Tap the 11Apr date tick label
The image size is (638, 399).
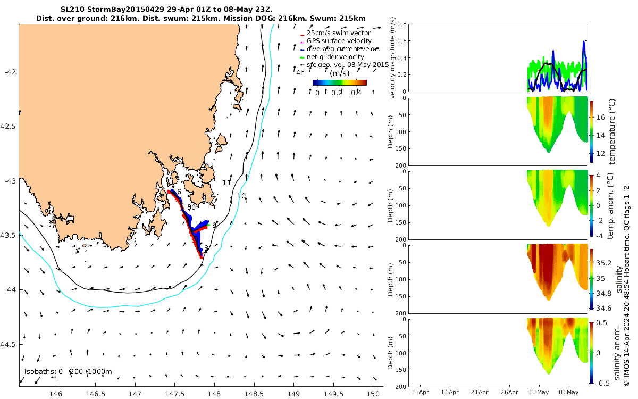coord(420,393)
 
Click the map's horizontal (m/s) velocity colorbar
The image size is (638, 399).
coord(339,82)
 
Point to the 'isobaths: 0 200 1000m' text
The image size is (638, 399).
coord(68,372)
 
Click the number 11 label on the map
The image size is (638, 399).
coord(226,183)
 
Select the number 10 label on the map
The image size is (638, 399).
coord(241,196)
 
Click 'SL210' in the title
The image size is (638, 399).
coord(72,9)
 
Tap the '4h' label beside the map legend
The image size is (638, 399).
coord(300,73)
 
